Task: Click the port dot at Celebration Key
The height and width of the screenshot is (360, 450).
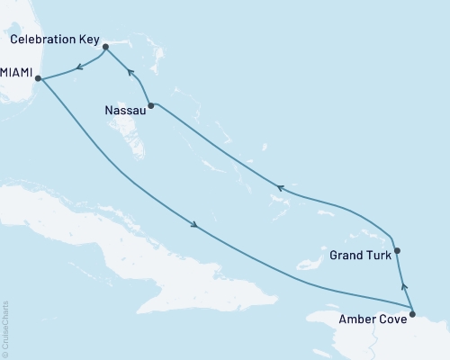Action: [x=106, y=46]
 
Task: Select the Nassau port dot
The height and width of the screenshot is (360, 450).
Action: [x=151, y=105]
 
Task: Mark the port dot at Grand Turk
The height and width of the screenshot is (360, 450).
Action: [x=397, y=251]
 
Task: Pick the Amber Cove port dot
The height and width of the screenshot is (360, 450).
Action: [x=412, y=314]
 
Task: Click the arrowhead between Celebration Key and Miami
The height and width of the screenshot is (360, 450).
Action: [x=78, y=65]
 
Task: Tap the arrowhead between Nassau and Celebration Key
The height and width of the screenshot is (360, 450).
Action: [x=130, y=73]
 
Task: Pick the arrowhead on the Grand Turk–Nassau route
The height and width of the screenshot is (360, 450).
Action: [x=280, y=188]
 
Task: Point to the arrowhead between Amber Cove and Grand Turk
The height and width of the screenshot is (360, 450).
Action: [x=404, y=287]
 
